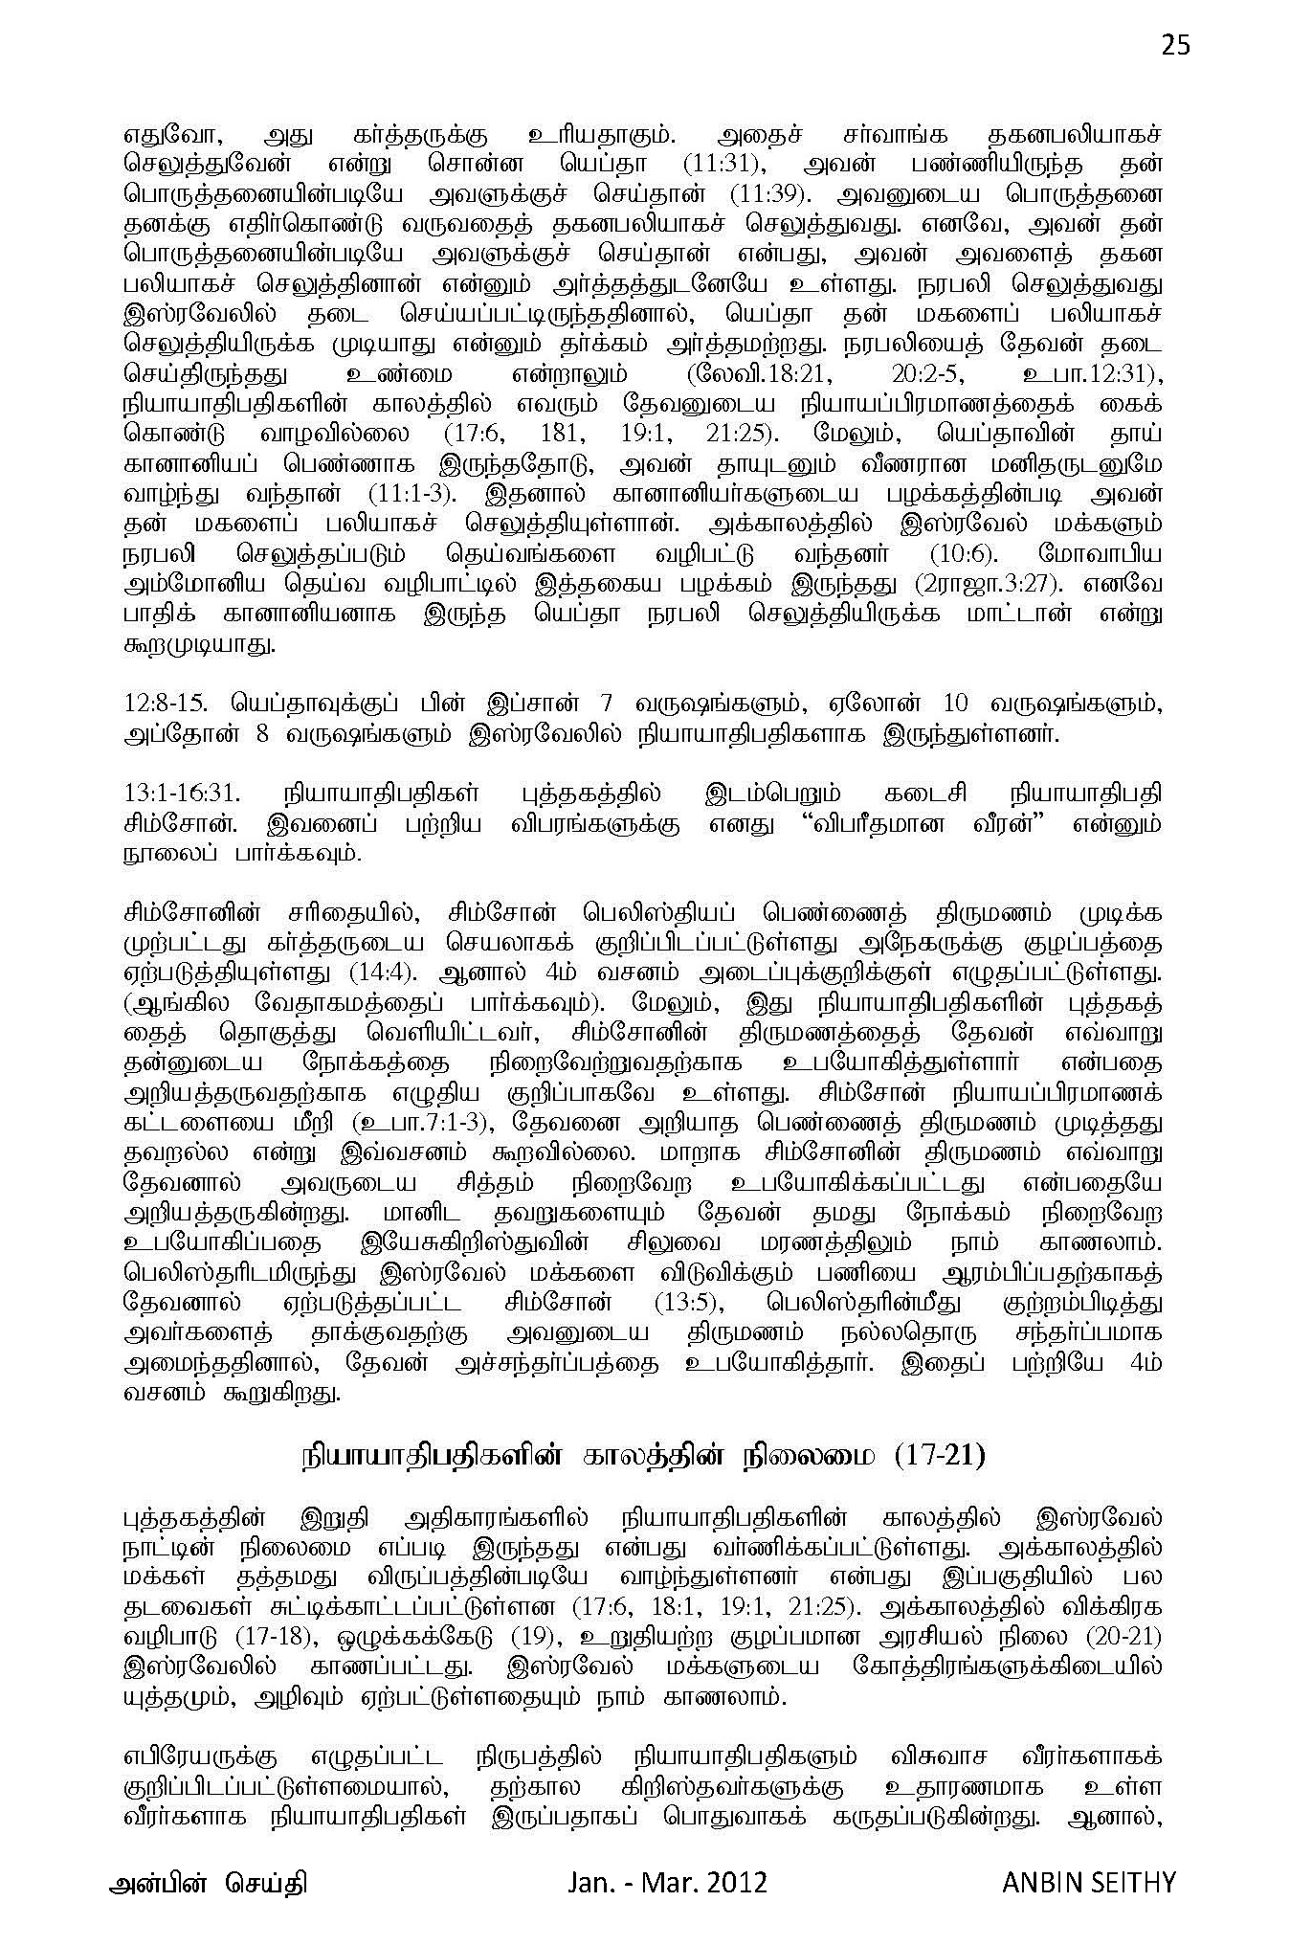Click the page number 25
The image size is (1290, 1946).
(1175, 45)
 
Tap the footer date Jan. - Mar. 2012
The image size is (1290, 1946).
(666, 1882)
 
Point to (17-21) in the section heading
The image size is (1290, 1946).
(929, 1456)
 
